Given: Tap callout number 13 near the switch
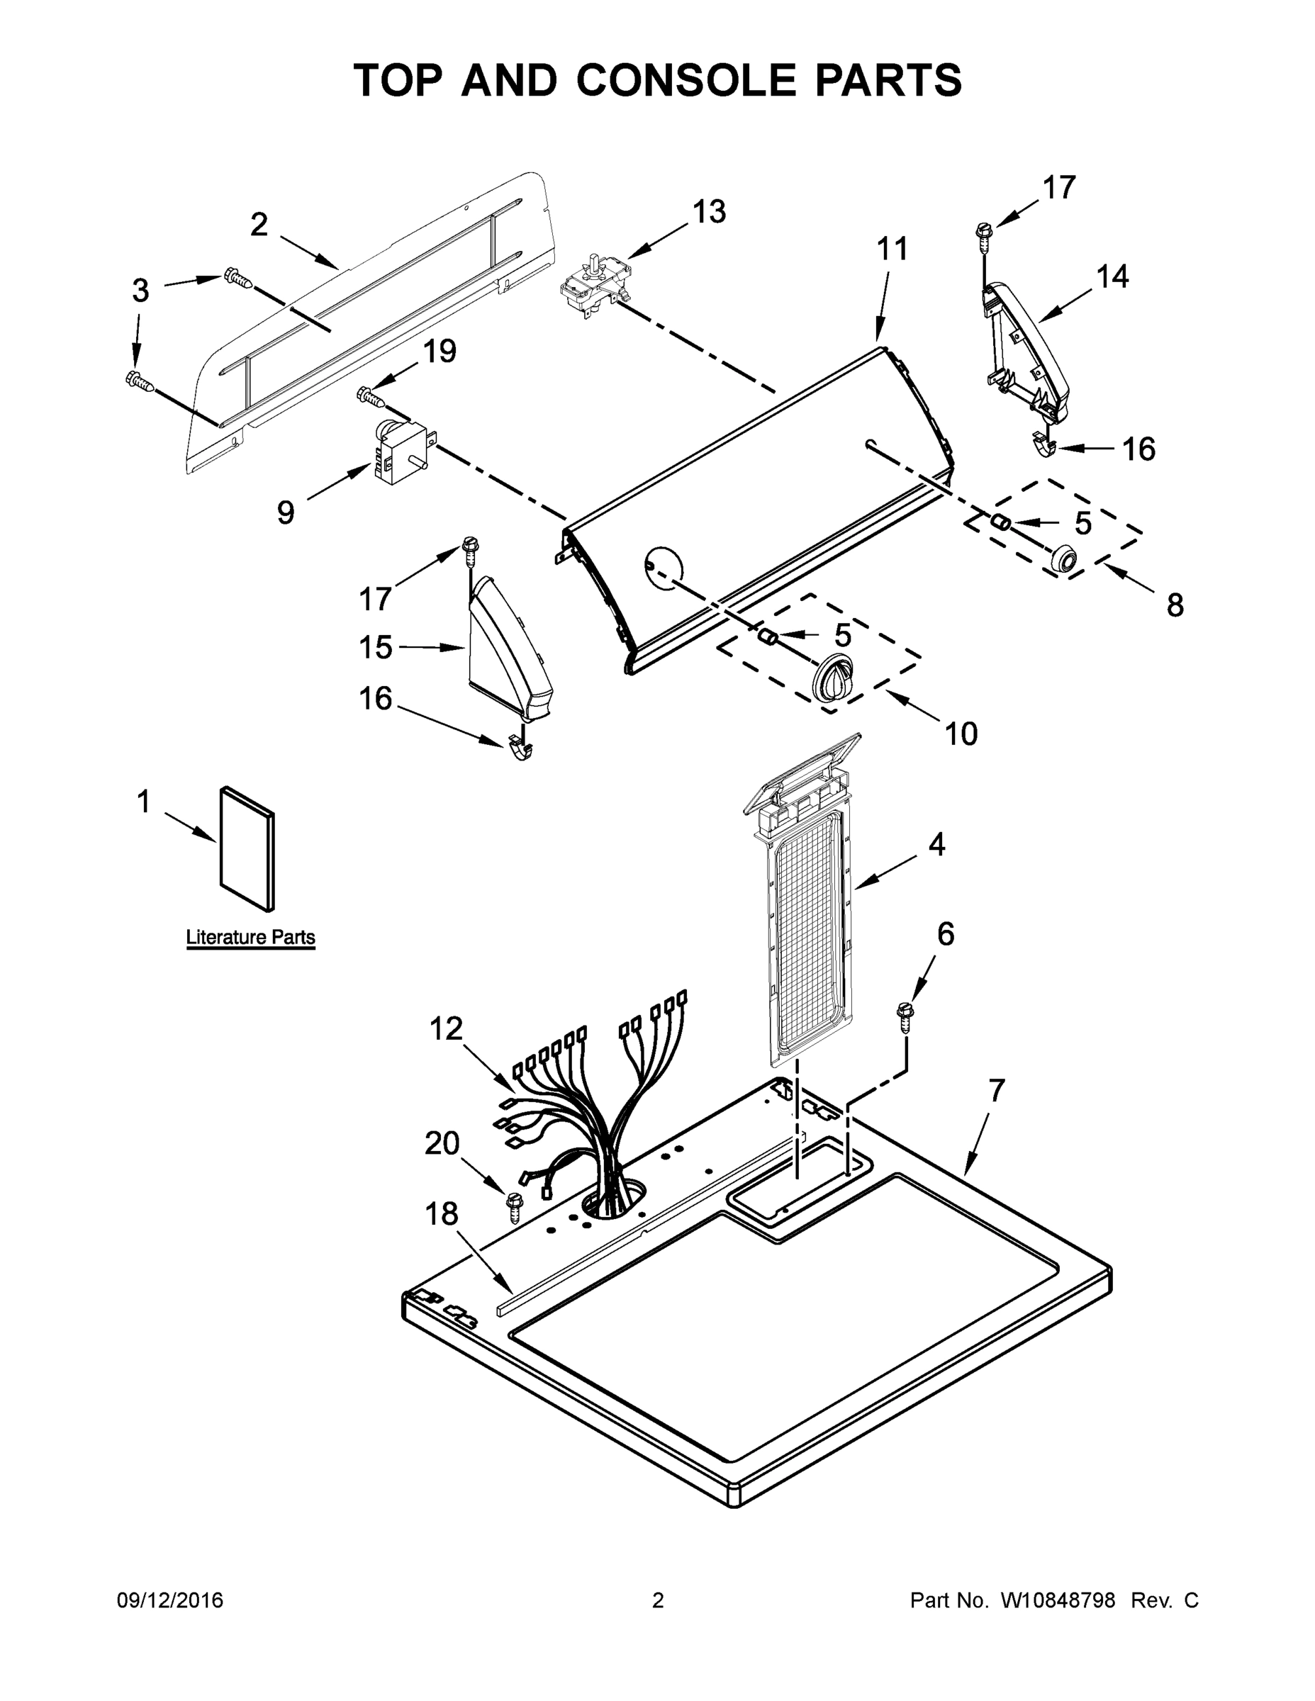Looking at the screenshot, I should pos(709,212).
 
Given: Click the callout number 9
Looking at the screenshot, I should pos(286,512).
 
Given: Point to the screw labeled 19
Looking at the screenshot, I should pos(371,396).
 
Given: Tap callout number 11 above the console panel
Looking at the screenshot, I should pos(892,249).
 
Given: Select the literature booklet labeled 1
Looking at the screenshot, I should pos(247,848).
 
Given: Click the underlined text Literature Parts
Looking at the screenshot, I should pos(250,937).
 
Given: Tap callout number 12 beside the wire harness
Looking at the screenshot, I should pos(447,1029).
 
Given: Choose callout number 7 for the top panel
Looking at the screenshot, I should pos(997,1090).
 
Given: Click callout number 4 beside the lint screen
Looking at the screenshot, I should pos(936,844).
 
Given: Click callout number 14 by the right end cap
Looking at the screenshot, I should pos(1112,276).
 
